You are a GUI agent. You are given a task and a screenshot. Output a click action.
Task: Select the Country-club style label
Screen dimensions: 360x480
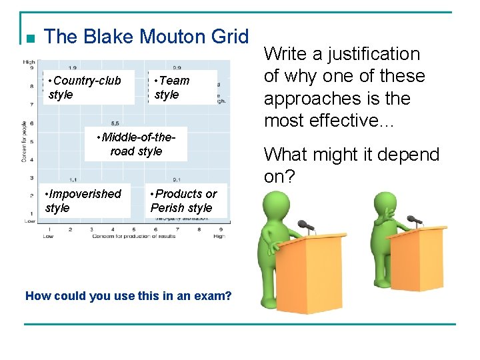(x=85, y=87)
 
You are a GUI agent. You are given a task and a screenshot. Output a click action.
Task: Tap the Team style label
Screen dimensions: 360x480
(x=172, y=87)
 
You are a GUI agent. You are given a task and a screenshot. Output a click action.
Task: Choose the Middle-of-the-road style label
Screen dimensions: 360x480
(x=136, y=144)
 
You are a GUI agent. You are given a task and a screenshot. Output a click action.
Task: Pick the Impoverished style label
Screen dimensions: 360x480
(x=83, y=201)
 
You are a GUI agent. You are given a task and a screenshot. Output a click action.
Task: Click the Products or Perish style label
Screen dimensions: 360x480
(x=183, y=201)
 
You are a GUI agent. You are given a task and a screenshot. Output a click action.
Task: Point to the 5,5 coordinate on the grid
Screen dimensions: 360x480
(x=115, y=123)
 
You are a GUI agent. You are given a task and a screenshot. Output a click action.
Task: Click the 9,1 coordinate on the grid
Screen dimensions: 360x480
(x=177, y=179)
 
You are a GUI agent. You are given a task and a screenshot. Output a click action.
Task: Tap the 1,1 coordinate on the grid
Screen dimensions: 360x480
(x=72, y=179)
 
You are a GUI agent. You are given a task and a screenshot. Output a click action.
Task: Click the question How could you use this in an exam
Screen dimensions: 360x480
(x=128, y=295)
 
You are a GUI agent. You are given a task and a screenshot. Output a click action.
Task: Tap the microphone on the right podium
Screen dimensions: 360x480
(x=415, y=219)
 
